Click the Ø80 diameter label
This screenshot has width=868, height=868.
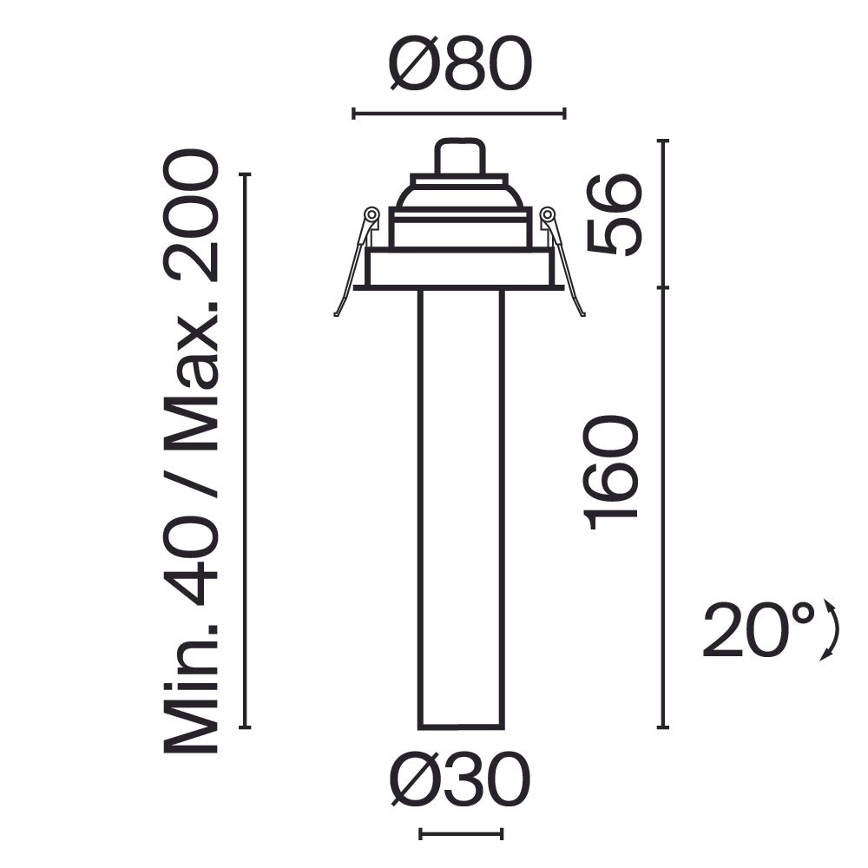(x=459, y=65)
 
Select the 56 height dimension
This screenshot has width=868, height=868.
(x=615, y=214)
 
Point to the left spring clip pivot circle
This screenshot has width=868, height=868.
(x=372, y=214)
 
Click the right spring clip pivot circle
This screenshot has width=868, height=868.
(x=548, y=214)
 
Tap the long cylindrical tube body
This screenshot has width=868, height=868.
(x=460, y=508)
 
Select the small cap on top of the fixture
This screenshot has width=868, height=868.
(x=460, y=157)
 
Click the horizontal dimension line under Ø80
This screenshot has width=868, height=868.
(x=459, y=113)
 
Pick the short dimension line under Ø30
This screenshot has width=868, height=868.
(x=460, y=834)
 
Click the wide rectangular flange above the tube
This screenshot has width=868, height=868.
(x=460, y=268)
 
